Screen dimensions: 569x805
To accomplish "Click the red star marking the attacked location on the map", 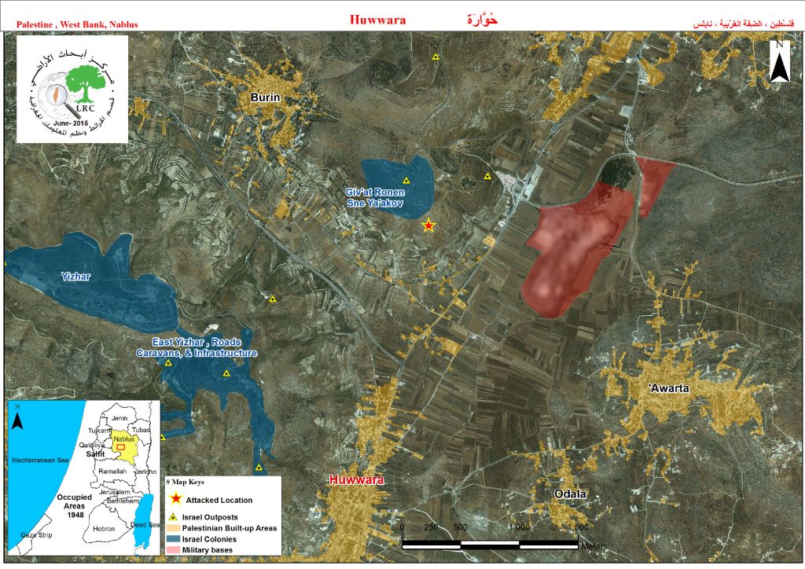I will (x=428, y=226).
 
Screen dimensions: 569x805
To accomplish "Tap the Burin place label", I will (x=266, y=97).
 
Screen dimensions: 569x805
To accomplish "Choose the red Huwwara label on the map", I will (x=356, y=479).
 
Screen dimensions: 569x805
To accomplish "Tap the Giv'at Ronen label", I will (x=374, y=192).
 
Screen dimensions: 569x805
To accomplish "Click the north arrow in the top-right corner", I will (x=778, y=63).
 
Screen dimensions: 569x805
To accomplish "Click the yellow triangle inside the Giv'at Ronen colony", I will (x=406, y=181).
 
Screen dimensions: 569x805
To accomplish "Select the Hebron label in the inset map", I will (x=103, y=529).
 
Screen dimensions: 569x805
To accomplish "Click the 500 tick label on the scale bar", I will (x=460, y=527).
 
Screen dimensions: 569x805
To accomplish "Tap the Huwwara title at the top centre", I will (x=377, y=20).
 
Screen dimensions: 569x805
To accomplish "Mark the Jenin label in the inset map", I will (x=119, y=418).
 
